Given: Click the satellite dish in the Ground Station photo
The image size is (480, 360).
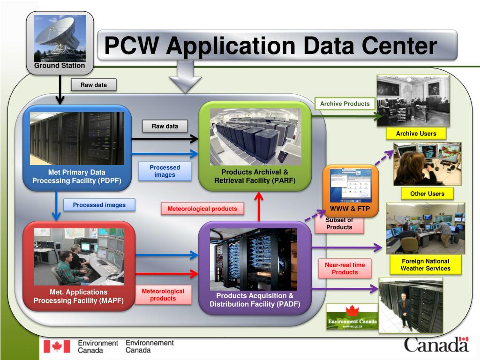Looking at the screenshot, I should pos(56,33).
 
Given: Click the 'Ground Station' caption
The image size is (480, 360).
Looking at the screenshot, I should pos(60,66).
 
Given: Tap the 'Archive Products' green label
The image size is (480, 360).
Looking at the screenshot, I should pos(345,104).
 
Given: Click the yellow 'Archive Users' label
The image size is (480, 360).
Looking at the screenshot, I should pos(416,134).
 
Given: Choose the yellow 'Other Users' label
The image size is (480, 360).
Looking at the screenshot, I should pos(427,194).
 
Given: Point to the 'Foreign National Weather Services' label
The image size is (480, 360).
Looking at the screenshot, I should pos(425,265).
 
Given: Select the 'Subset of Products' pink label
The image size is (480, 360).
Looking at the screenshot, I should pos(339,224).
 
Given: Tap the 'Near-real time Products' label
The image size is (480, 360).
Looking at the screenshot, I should pos(345,269).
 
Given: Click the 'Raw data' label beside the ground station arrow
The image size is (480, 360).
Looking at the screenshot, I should pos(93,85).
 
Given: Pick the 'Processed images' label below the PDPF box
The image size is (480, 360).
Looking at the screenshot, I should pos(99,205).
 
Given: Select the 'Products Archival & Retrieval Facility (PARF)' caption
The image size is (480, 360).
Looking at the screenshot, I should pos(255,176).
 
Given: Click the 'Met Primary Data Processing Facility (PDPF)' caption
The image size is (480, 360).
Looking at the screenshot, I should pos(76,176).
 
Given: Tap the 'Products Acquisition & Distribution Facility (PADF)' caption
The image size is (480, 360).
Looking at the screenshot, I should pos(255,300).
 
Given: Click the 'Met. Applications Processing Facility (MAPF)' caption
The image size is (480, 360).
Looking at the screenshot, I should pos(78,296).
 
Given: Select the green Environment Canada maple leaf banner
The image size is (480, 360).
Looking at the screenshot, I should pos(352,317).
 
